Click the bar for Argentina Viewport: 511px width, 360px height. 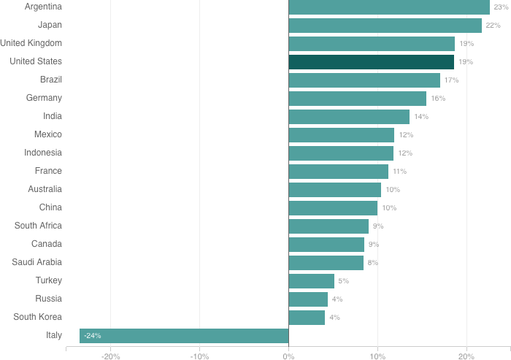click(x=389, y=7)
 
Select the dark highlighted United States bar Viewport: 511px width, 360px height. click(x=371, y=62)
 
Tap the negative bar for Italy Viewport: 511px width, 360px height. click(x=184, y=336)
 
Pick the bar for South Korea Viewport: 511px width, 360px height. click(x=307, y=318)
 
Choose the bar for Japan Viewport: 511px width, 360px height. click(x=385, y=26)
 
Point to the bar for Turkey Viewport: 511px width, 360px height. click(x=311, y=281)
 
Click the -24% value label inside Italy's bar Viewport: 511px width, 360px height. click(x=93, y=336)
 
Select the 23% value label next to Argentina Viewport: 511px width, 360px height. click(x=501, y=7)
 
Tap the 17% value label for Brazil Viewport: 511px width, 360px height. click(x=451, y=80)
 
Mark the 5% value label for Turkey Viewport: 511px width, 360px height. click(x=343, y=281)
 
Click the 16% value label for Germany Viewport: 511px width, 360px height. click(x=438, y=99)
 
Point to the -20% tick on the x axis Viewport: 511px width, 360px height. click(x=111, y=356)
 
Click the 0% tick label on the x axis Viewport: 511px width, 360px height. click(x=288, y=356)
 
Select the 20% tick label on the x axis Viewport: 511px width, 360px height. click(x=466, y=356)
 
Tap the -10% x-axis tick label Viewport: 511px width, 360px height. click(x=199, y=356)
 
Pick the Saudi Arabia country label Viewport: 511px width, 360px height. click(x=36, y=262)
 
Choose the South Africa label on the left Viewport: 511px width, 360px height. click(x=38, y=226)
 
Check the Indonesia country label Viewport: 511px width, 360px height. click(x=42, y=153)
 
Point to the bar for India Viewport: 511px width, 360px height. click(x=349, y=117)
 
